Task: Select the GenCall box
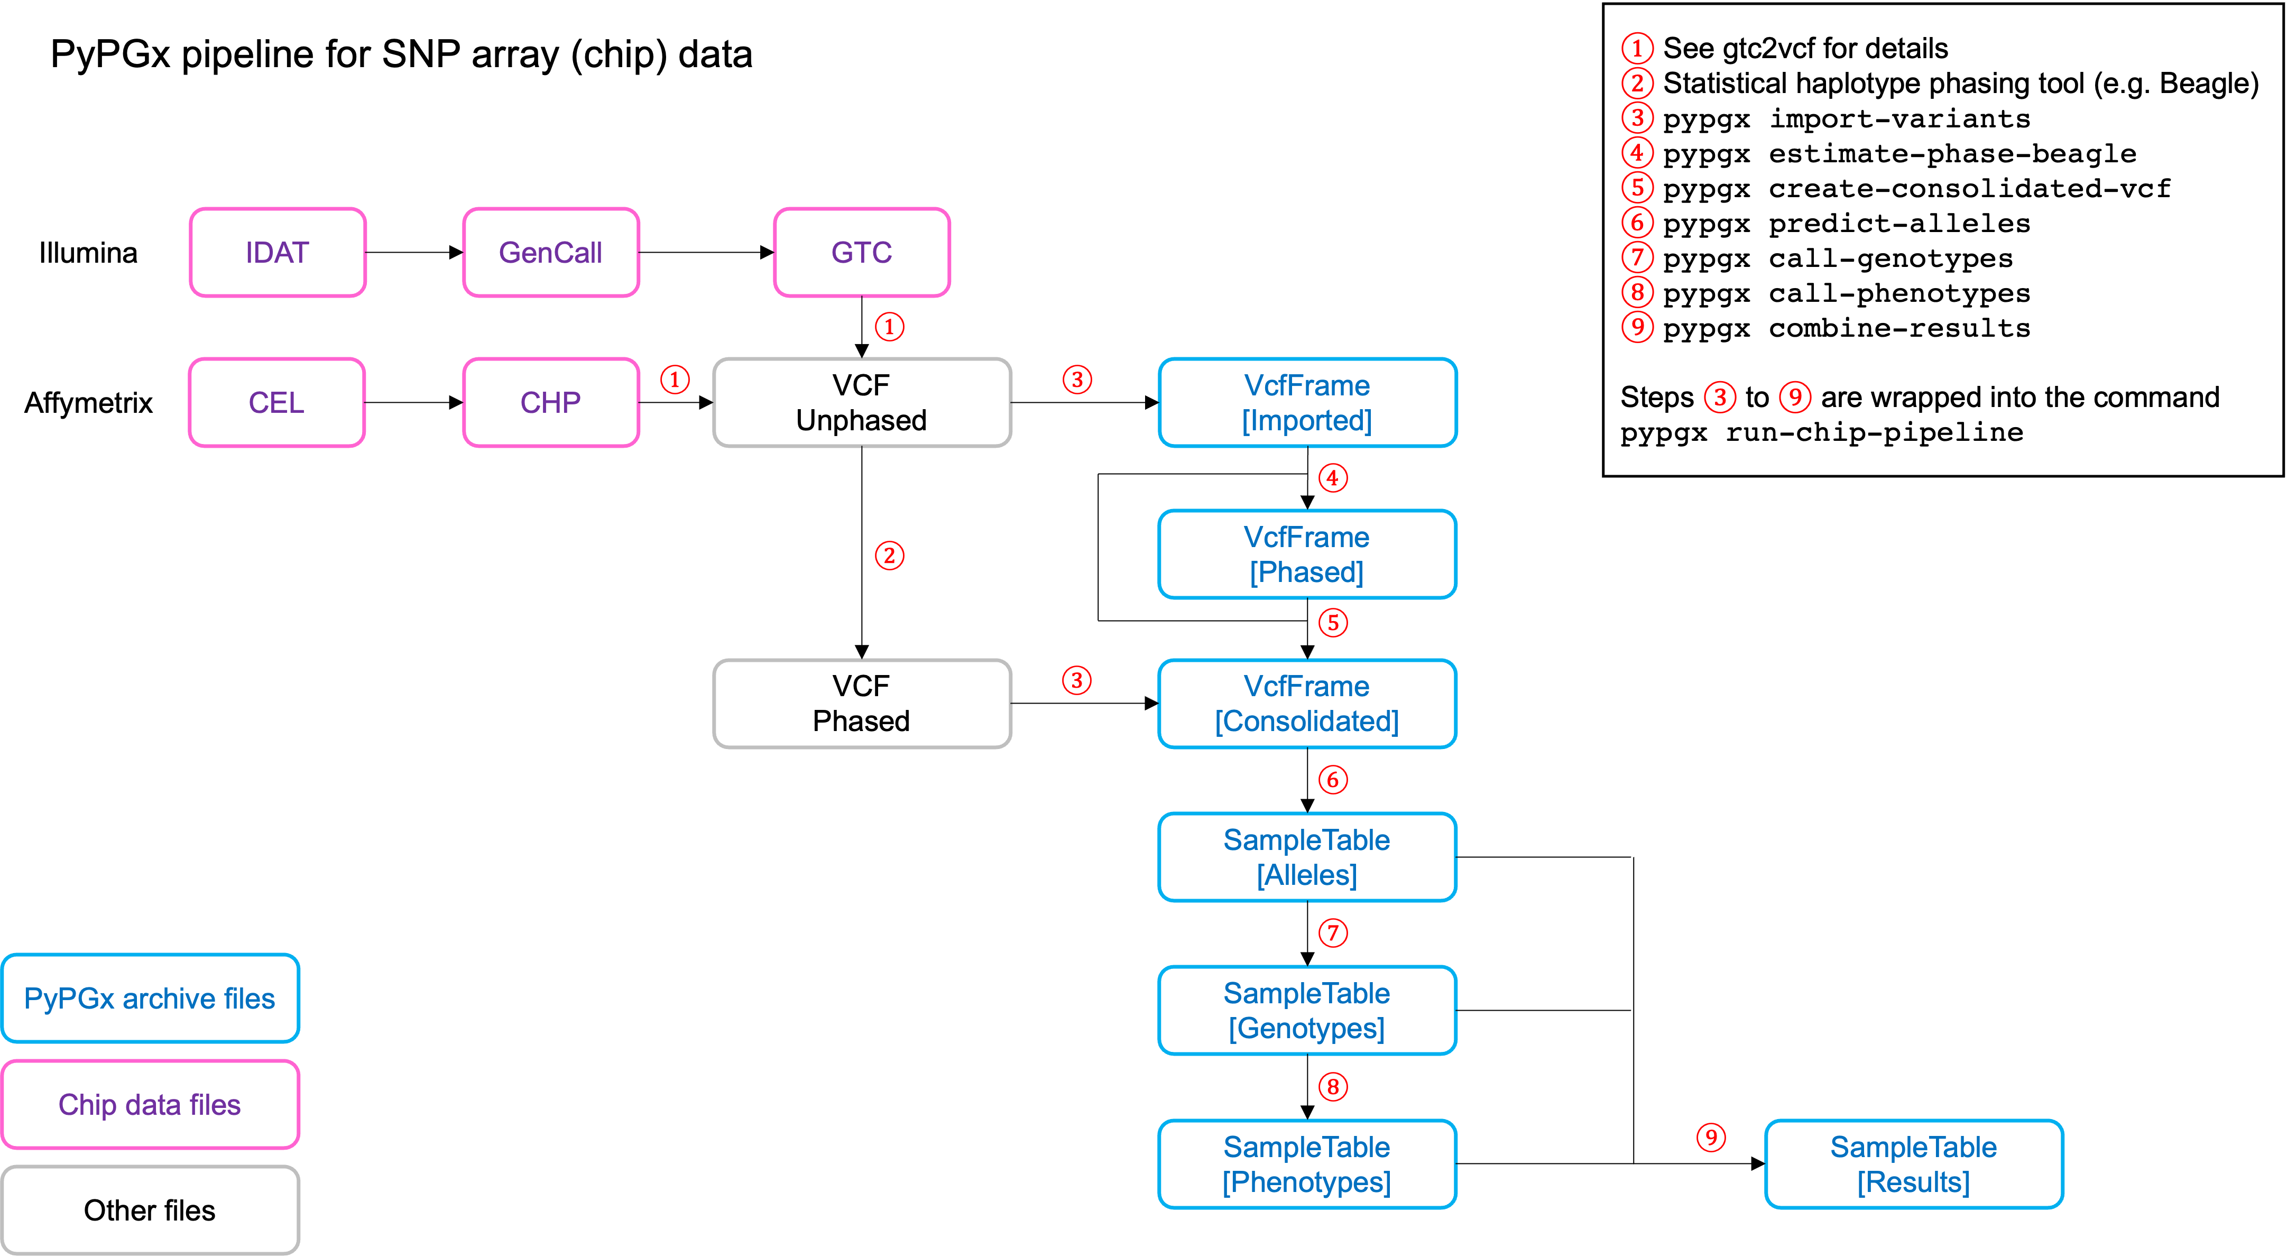click(550, 252)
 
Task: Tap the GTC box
click(861, 252)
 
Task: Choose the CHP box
click(550, 402)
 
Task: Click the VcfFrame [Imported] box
click(1307, 402)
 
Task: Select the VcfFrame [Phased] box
click(1307, 554)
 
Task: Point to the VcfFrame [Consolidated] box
click(1307, 703)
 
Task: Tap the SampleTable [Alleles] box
click(1307, 857)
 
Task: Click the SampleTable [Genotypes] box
click(1307, 1010)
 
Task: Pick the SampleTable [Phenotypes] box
click(1307, 1164)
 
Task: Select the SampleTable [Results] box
click(1913, 1164)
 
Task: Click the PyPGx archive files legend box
click(150, 998)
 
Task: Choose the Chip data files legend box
click(150, 1104)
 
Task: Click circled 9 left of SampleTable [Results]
click(1711, 1137)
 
